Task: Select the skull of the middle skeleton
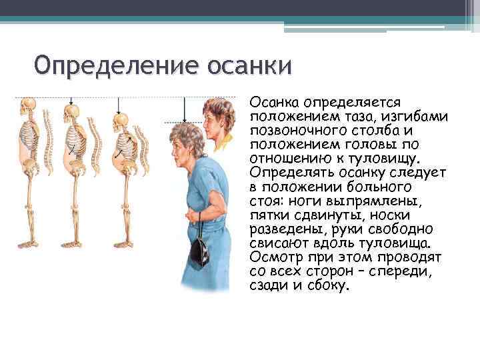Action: tap(71, 111)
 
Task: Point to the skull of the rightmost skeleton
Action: tap(120, 122)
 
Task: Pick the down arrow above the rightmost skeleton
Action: tap(119, 106)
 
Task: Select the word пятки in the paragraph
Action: tap(269, 215)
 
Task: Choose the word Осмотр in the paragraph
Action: tap(273, 257)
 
